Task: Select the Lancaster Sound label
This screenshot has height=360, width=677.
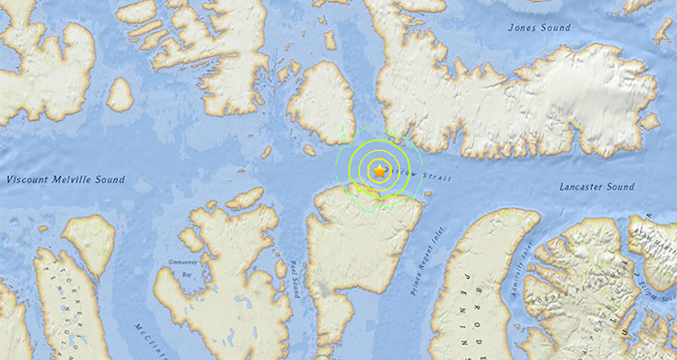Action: (596, 185)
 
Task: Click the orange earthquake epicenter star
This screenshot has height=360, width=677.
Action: (380, 170)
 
